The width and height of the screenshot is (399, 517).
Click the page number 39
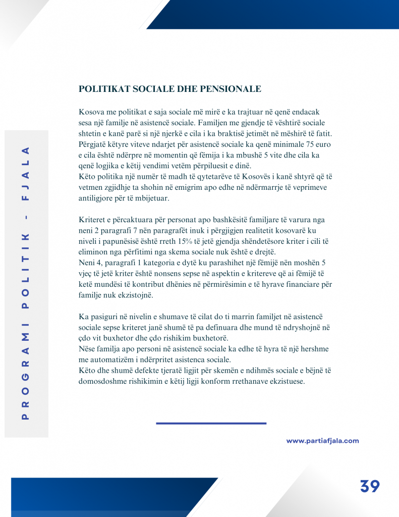pos(370,486)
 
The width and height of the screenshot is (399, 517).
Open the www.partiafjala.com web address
pos(323,441)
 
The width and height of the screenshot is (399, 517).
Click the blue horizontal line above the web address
pos(211,423)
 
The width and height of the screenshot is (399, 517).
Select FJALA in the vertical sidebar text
pos(26,173)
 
